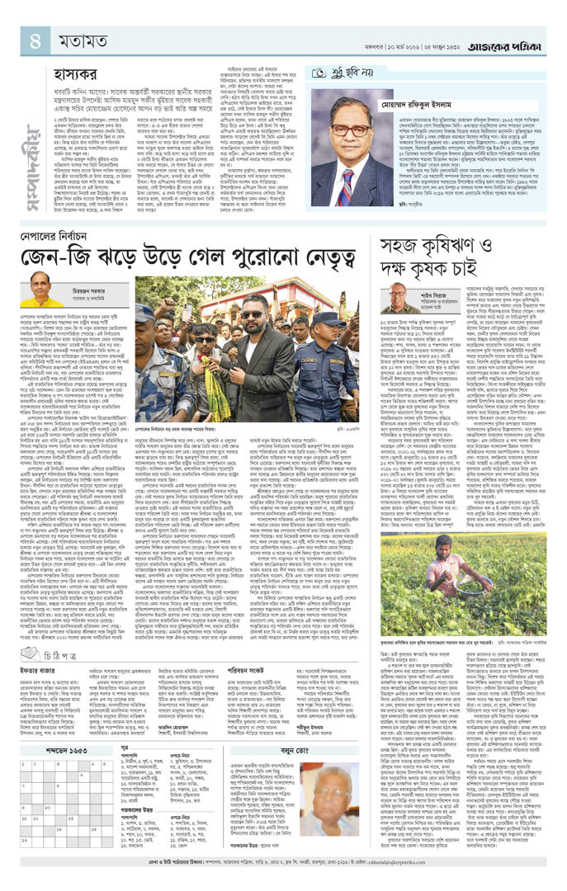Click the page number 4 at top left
(x=35, y=39)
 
